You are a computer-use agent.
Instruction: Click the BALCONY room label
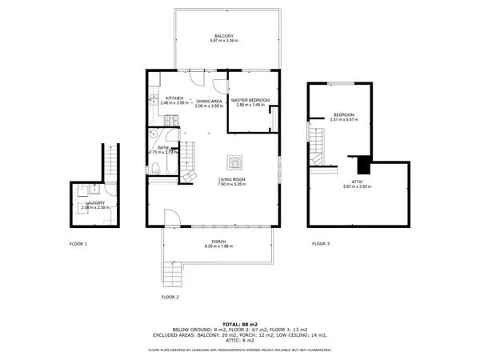(224, 37)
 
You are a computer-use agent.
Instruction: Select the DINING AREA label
(209, 102)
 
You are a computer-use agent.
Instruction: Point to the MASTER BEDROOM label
(250, 100)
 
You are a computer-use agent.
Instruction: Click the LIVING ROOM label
(232, 179)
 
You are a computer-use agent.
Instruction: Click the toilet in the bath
(158, 167)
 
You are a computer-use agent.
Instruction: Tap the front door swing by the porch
(170, 218)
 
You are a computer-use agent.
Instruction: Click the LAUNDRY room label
(95, 203)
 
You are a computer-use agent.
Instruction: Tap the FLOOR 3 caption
(320, 242)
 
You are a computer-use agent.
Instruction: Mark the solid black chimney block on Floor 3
(364, 166)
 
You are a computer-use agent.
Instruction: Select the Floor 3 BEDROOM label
(343, 115)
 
